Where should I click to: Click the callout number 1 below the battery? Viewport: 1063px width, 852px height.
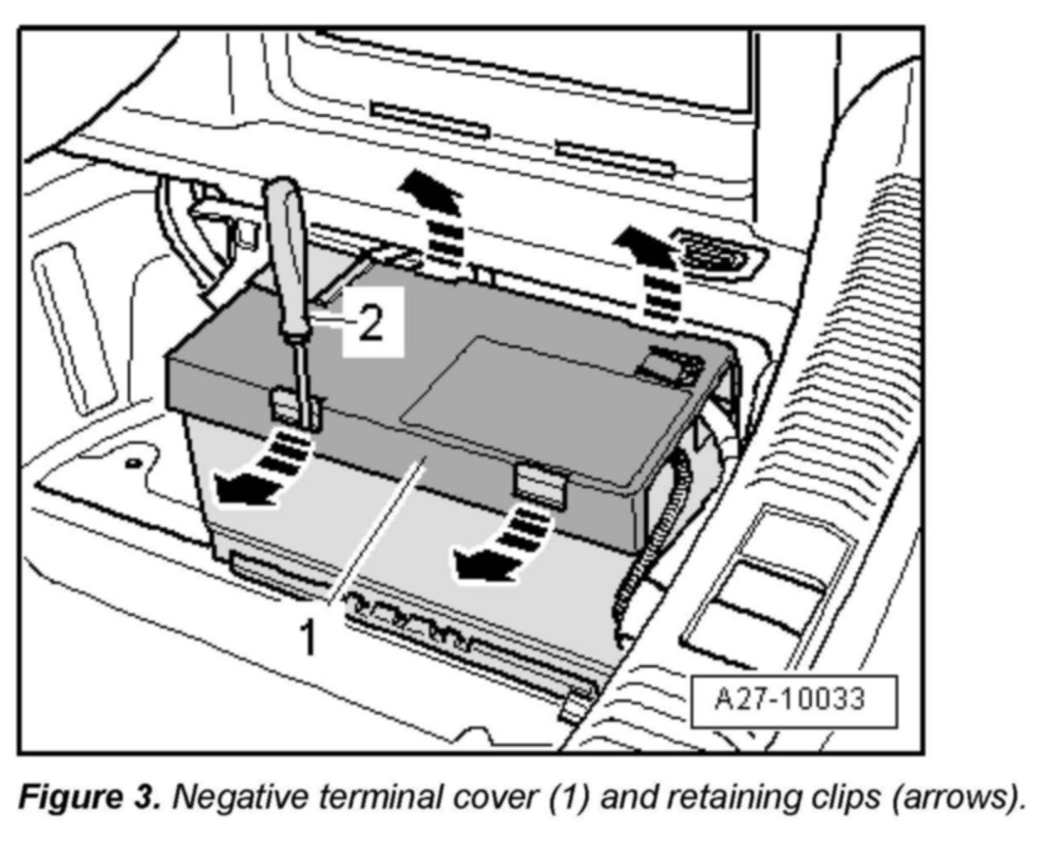(x=309, y=638)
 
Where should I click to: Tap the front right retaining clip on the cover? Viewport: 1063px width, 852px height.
(x=540, y=483)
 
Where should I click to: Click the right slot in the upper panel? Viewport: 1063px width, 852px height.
(x=614, y=158)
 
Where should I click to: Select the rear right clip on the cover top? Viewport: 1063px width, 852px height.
(x=672, y=364)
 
